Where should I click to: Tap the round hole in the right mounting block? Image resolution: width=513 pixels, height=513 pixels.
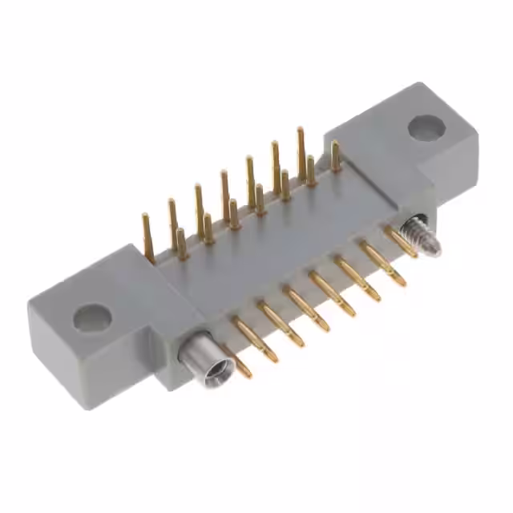425,127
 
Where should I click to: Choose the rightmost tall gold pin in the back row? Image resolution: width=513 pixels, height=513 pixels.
301,152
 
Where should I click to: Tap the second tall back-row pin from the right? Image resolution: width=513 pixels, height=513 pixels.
276,164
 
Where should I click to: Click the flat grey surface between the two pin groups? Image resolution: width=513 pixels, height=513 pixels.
265,248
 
